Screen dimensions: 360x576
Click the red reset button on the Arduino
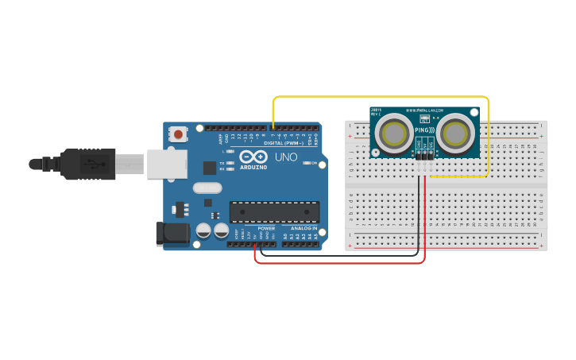178,134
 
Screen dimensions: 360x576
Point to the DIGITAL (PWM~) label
284,143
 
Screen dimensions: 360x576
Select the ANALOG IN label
303,229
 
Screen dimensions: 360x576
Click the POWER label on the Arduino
266,229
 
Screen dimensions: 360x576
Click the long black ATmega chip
274,211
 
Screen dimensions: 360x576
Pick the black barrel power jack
172,233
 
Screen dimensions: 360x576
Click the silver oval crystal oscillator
207,188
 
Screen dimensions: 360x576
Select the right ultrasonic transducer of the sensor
455,134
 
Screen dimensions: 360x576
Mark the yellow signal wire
381,97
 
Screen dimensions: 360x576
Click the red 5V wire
342,262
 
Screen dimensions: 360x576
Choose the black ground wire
342,255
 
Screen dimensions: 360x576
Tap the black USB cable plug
87,164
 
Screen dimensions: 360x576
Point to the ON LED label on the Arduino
315,164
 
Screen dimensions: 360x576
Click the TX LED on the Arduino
229,163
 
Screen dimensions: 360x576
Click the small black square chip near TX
209,168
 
